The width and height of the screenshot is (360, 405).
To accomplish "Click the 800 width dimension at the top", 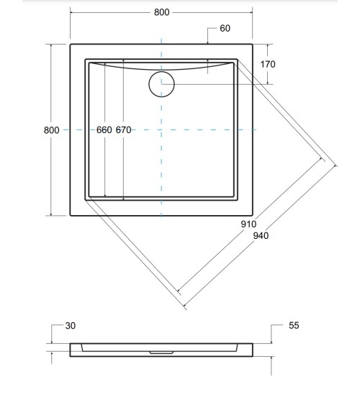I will (162, 13).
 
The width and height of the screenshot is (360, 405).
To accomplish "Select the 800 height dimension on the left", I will (51, 130).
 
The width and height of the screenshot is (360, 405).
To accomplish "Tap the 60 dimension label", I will (225, 29).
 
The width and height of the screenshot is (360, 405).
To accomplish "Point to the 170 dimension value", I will (267, 64).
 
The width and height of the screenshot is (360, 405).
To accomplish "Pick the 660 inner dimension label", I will (104, 130).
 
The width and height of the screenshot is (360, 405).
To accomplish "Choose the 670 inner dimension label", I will (122, 130).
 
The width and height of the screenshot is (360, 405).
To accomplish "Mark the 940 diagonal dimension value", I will (261, 237).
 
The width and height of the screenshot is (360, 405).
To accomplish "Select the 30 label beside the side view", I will (70, 326).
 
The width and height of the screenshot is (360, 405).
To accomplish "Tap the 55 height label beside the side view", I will (293, 326).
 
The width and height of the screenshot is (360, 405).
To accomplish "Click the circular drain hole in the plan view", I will (161, 84).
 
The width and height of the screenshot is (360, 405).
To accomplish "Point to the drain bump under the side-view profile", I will (162, 353).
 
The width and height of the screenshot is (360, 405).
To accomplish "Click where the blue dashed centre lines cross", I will (161, 129).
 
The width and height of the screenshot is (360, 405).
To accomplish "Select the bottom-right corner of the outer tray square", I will (253, 216).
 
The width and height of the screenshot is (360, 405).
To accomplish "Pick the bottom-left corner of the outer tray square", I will (71, 216).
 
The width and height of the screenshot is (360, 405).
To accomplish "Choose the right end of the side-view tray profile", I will (253, 350).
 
